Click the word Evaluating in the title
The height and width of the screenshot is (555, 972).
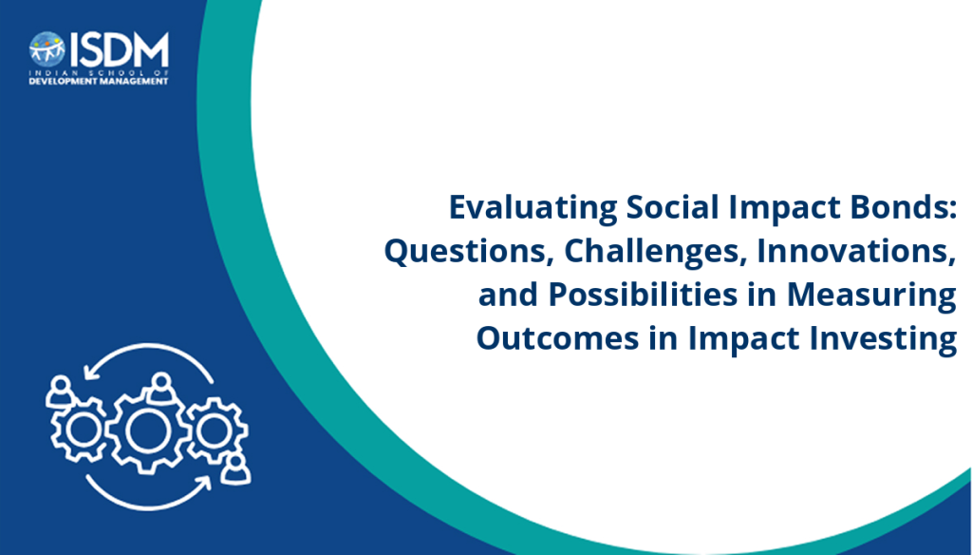pyautogui.click(x=533, y=208)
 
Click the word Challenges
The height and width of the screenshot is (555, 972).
pyautogui.click(x=652, y=252)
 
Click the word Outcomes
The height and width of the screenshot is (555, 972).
pyautogui.click(x=557, y=339)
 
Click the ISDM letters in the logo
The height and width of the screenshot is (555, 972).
pyautogui.click(x=119, y=49)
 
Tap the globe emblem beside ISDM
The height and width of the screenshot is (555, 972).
pyautogui.click(x=47, y=49)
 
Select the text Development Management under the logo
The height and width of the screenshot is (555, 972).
pyautogui.click(x=99, y=82)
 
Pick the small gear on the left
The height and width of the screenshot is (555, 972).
pyautogui.click(x=80, y=430)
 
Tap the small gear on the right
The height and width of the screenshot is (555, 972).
pyautogui.click(x=215, y=430)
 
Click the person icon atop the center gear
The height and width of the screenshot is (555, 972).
pyautogui.click(x=161, y=388)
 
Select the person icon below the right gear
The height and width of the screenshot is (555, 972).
pyautogui.click(x=235, y=469)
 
